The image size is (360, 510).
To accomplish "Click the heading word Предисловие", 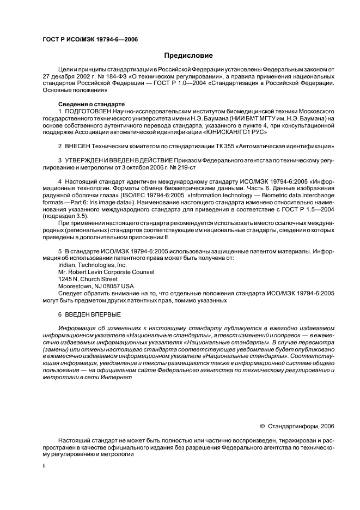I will point(188,55).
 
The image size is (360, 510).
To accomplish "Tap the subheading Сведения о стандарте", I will point(91,104).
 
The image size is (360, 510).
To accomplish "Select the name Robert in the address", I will point(80,271).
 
